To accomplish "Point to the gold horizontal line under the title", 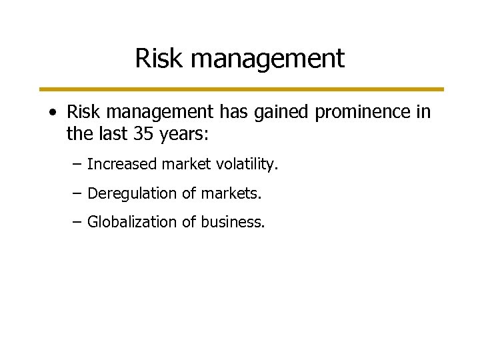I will pos(240,89).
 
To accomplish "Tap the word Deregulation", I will pos(123,194).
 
